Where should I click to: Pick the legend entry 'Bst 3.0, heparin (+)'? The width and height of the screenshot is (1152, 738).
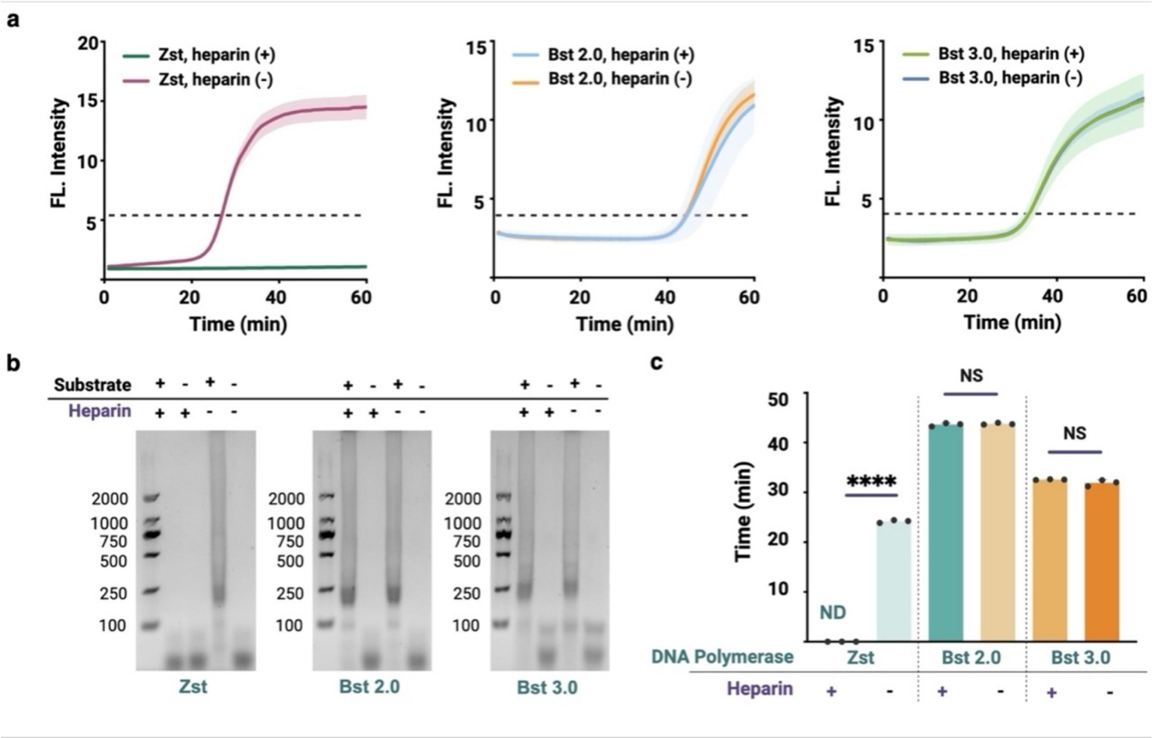1008,54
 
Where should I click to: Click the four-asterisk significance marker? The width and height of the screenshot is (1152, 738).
870,481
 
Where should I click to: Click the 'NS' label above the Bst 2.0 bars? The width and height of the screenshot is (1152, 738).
971,376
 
